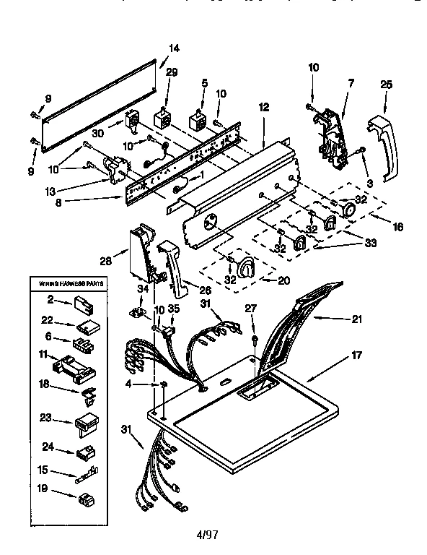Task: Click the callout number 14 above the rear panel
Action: click(x=174, y=48)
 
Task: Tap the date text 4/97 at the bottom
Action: click(x=207, y=535)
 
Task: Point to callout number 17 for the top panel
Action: click(x=357, y=356)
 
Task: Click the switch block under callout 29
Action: click(x=163, y=118)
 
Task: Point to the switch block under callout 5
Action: click(x=198, y=120)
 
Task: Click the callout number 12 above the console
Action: click(x=263, y=107)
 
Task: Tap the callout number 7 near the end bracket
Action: click(x=351, y=85)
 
